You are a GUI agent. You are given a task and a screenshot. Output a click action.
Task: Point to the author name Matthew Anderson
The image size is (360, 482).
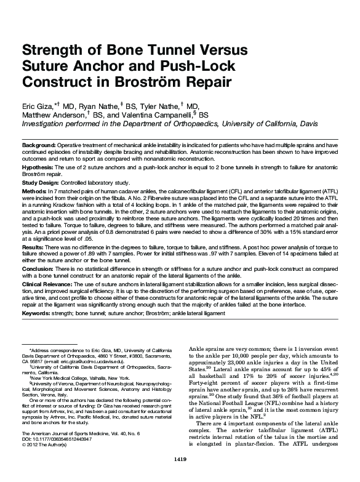tap(59, 114)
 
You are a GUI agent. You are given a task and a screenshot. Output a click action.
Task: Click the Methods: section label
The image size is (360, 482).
tap(35, 192)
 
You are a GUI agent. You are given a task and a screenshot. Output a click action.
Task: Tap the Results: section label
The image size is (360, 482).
tap(34, 246)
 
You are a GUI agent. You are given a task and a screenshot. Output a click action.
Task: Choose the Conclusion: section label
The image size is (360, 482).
tap(38, 269)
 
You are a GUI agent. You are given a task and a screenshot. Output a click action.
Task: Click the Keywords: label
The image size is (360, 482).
tap(38, 313)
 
